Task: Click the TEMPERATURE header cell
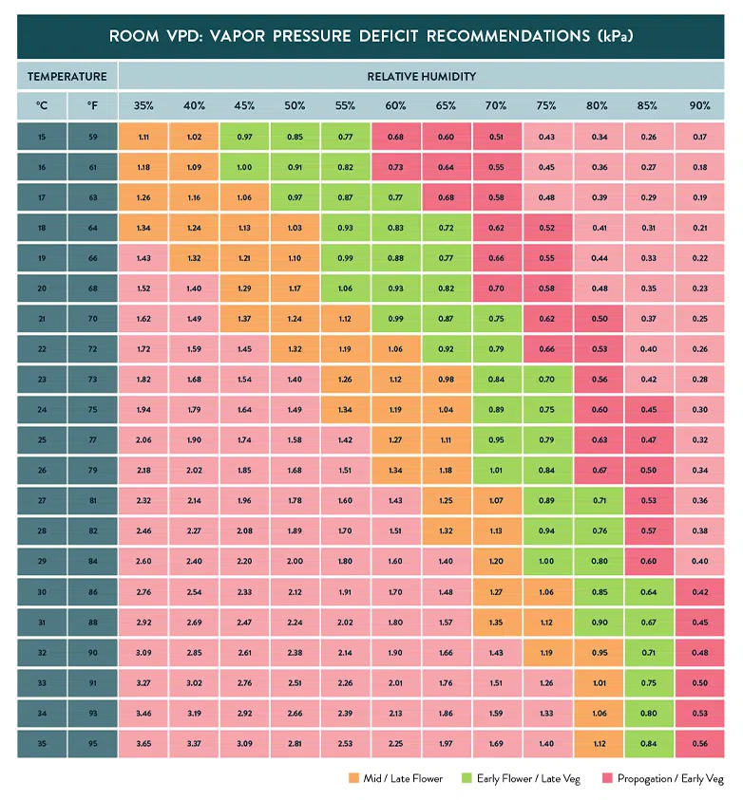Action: (x=67, y=76)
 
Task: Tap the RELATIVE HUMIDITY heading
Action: (x=422, y=76)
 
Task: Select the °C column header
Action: (x=42, y=105)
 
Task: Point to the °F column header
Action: (x=92, y=105)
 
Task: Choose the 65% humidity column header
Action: (x=447, y=105)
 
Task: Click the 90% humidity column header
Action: (x=699, y=105)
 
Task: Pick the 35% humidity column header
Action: (x=143, y=105)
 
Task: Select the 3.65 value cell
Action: (x=143, y=744)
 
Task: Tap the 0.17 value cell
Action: (x=699, y=137)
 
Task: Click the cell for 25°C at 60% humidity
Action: (x=396, y=440)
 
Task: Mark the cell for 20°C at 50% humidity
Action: (x=295, y=288)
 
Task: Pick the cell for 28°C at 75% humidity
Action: (x=547, y=531)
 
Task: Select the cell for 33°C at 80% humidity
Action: (x=599, y=683)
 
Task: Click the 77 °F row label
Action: (x=92, y=440)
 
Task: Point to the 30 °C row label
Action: (x=42, y=592)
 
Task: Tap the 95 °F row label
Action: (x=92, y=744)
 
